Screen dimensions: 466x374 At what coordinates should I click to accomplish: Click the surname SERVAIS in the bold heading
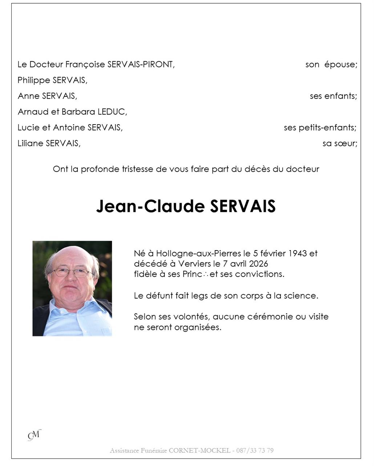pyautogui.click(x=243, y=206)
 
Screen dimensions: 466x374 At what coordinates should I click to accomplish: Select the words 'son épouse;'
pyautogui.click(x=331, y=64)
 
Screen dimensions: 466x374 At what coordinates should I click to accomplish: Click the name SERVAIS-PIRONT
pyautogui.click(x=141, y=64)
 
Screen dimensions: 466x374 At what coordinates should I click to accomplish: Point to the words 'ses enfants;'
pyautogui.click(x=333, y=96)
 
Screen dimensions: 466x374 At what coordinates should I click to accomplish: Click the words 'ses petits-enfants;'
pyautogui.click(x=320, y=127)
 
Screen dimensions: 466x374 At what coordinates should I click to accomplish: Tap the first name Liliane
pyautogui.click(x=31, y=143)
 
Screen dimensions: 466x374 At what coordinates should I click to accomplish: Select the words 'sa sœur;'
pyautogui.click(x=339, y=143)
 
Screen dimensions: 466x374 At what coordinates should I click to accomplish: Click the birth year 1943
pyautogui.click(x=298, y=253)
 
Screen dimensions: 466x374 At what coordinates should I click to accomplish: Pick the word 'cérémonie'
pyautogui.click(x=270, y=317)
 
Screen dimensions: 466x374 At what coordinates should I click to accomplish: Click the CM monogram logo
pyautogui.click(x=35, y=435)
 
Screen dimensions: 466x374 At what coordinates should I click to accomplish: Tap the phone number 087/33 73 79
pyautogui.click(x=255, y=451)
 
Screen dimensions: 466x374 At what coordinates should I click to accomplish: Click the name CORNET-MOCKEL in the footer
pyautogui.click(x=200, y=451)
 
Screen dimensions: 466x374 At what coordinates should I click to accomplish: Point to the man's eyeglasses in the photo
pyautogui.click(x=72, y=272)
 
